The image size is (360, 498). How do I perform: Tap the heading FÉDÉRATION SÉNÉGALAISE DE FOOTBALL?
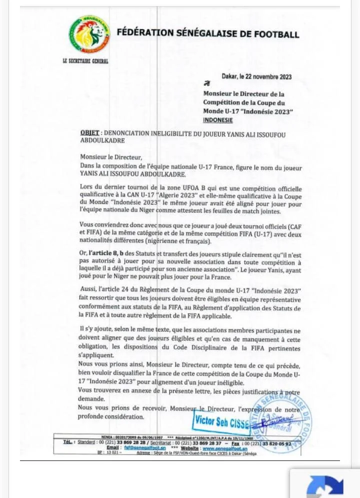208,34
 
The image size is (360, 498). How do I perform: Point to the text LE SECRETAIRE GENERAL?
85,61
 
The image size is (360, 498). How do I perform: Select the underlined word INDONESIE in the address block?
218,120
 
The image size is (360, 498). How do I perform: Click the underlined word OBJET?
89,134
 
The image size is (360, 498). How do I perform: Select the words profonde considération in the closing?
112,416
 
